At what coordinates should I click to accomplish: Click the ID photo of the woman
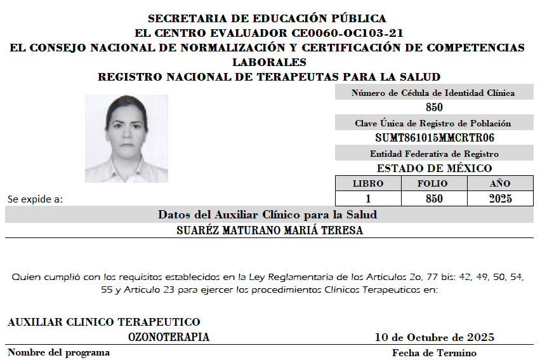(126, 138)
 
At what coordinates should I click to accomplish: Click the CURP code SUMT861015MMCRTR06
(434, 138)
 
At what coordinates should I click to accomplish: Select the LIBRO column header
(368, 183)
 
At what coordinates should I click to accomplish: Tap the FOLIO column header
(434, 183)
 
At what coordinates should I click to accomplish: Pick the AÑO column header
(500, 183)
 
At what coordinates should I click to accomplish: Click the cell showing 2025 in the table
(500, 199)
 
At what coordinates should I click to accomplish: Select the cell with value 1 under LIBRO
(368, 199)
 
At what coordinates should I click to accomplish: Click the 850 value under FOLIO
(434, 199)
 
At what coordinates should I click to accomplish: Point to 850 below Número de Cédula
(434, 107)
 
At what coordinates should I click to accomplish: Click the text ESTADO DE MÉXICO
(434, 168)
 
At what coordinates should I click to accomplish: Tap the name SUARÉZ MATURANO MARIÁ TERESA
(270, 230)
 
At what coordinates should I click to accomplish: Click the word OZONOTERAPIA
(169, 337)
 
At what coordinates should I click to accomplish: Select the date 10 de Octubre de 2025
(434, 337)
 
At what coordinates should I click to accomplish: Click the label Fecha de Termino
(434, 352)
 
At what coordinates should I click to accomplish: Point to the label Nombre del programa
(58, 352)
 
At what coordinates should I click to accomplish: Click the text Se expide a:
(35, 199)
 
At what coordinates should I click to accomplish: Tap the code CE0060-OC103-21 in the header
(347, 33)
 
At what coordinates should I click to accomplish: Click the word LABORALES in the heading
(269, 62)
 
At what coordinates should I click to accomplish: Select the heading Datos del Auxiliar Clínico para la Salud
(267, 215)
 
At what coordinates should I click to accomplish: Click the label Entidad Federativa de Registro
(434, 154)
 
